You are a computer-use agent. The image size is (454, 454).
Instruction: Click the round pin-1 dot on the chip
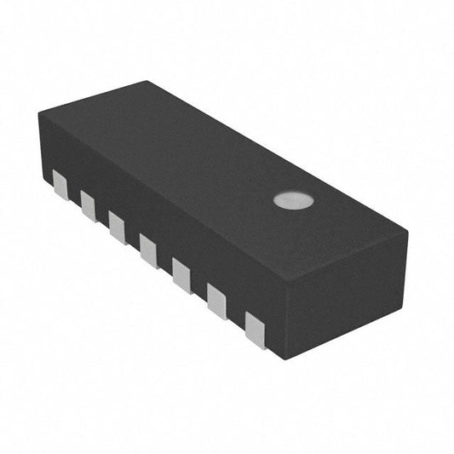[x=293, y=201]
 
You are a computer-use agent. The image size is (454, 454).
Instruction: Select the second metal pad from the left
[x=89, y=204]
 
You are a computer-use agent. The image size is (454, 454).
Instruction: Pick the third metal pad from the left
[x=117, y=226]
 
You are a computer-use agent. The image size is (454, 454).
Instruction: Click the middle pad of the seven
[x=148, y=250]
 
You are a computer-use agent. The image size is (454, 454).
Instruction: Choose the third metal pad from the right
[x=181, y=275]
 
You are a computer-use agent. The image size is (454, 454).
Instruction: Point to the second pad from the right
[x=217, y=301]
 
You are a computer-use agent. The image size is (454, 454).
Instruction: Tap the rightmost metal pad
[x=256, y=329]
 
